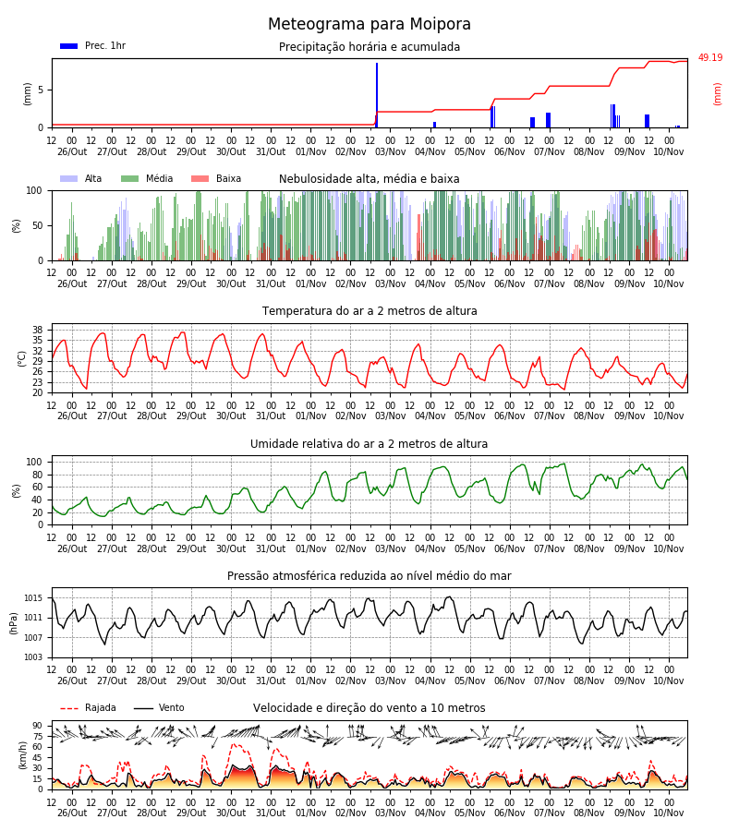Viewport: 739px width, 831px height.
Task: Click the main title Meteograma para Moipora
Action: tap(369, 24)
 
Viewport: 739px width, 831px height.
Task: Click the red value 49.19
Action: tap(709, 58)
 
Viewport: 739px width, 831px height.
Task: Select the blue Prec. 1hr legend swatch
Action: tap(69, 46)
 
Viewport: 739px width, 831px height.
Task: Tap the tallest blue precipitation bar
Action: tap(377, 95)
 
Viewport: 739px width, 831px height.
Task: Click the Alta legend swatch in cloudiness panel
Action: tap(69, 178)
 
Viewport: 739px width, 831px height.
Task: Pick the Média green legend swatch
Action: tap(129, 178)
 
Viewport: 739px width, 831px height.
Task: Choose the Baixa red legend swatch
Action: tap(200, 178)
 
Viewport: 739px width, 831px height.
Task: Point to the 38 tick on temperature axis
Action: tap(38, 331)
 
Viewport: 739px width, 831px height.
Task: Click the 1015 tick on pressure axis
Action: tap(33, 598)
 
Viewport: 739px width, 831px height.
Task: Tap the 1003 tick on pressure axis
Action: tap(33, 657)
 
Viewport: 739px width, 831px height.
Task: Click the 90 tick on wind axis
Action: tap(38, 726)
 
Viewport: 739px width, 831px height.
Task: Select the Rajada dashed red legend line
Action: tap(69, 708)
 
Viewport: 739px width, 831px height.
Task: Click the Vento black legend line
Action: tap(143, 708)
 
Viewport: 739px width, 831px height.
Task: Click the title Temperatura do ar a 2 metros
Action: tap(369, 311)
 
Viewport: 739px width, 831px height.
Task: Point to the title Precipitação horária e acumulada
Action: tap(369, 47)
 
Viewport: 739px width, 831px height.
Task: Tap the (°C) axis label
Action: tap(22, 359)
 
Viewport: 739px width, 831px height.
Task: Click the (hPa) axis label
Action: tap(13, 623)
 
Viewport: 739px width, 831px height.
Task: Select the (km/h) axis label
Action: tap(22, 755)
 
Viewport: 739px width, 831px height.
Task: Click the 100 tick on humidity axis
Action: tap(34, 463)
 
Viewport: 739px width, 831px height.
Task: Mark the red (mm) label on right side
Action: tap(717, 94)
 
